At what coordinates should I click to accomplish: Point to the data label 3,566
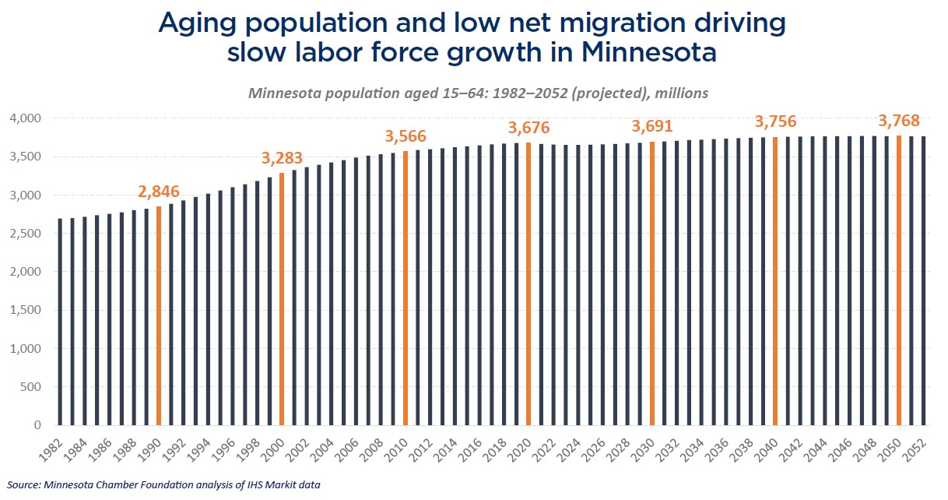tap(406, 136)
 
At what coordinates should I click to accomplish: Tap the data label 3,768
tap(899, 121)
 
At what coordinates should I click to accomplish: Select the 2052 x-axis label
tap(919, 447)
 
